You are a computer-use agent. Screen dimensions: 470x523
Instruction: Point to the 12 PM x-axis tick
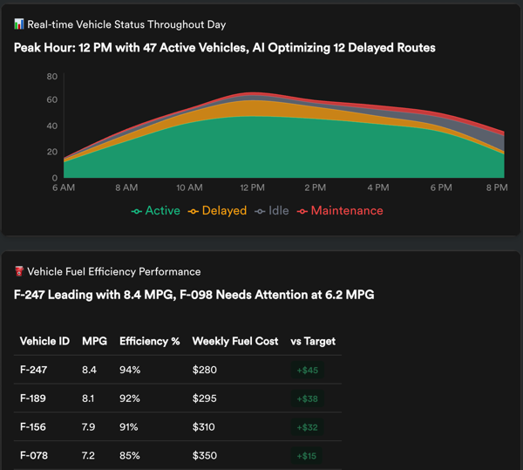(x=252, y=187)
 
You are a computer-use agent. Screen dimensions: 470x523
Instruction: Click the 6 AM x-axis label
(x=64, y=187)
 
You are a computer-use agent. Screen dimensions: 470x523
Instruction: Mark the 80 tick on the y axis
(x=51, y=77)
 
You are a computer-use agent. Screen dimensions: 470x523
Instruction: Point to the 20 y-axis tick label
(x=51, y=152)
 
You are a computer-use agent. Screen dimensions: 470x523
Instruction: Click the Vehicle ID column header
(x=44, y=341)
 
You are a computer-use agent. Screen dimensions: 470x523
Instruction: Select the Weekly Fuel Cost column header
(x=235, y=341)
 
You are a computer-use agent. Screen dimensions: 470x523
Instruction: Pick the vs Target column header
(x=312, y=341)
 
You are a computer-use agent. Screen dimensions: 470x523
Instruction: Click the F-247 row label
(x=33, y=370)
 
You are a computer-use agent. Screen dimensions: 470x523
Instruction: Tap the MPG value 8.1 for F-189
(x=89, y=398)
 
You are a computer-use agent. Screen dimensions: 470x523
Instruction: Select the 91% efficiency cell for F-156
(x=130, y=427)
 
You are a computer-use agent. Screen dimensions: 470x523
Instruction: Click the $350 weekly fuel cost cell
(x=205, y=456)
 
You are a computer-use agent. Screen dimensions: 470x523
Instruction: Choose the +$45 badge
(x=307, y=370)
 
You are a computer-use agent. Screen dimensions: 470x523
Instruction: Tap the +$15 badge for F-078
(x=307, y=456)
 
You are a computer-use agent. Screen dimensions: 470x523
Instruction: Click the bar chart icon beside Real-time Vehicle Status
(x=19, y=24)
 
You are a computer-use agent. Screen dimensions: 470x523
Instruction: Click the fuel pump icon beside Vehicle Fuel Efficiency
(x=19, y=272)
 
